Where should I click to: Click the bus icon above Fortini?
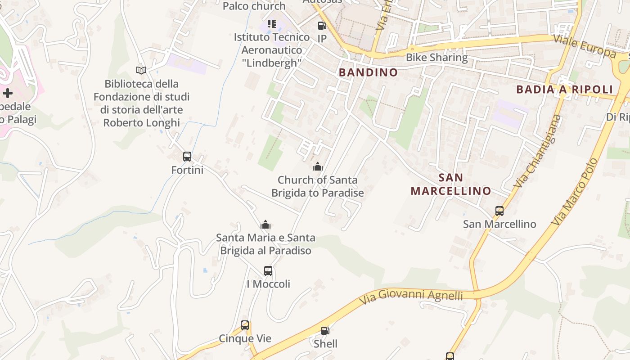tap(187, 157)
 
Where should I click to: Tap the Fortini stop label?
tap(187, 170)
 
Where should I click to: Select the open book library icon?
tap(141, 70)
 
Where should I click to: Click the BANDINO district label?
tap(368, 72)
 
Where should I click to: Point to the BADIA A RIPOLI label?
tap(565, 89)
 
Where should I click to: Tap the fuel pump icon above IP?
tap(322, 26)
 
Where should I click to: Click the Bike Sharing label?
tap(436, 58)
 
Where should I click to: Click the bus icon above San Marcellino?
tap(499, 211)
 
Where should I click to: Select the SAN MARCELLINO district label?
tap(450, 184)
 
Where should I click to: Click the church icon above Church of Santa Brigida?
tap(318, 167)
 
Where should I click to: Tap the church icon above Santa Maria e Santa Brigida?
tap(265, 225)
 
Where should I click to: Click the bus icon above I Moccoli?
tap(268, 271)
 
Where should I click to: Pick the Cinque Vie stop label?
tap(245, 338)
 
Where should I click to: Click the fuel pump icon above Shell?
tap(325, 331)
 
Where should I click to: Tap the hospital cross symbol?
tap(8, 93)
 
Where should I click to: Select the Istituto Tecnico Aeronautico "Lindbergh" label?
tap(272, 50)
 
